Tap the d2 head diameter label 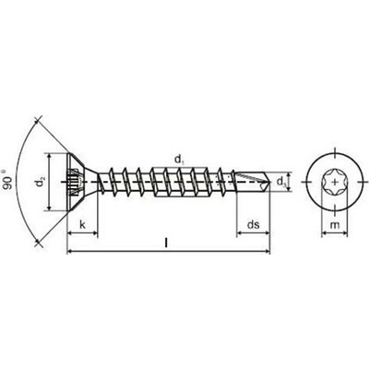pyautogui.click(x=40, y=182)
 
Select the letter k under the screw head pyautogui.click(x=82, y=224)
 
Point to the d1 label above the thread pyautogui.click(x=179, y=160)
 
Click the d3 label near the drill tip pyautogui.click(x=281, y=182)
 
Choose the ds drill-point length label pyautogui.click(x=254, y=224)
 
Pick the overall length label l pyautogui.click(x=166, y=243)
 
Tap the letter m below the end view pyautogui.click(x=335, y=225)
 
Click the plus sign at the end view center pyautogui.click(x=335, y=182)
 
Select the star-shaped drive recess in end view pyautogui.click(x=335, y=182)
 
